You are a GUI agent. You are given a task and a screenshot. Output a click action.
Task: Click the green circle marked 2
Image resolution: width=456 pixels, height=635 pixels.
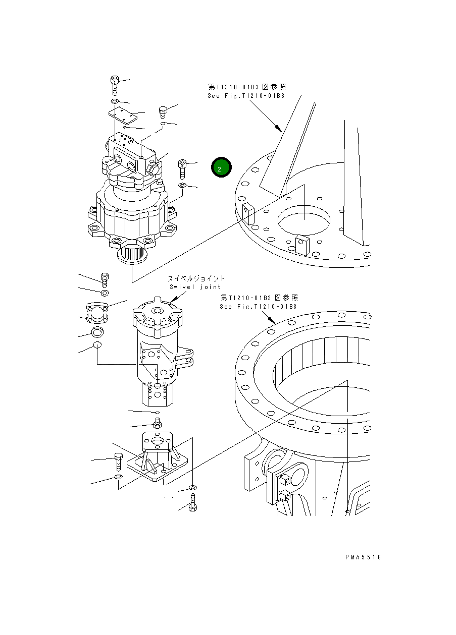point(221,168)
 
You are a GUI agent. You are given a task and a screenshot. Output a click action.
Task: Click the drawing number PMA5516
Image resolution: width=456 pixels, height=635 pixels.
point(363,557)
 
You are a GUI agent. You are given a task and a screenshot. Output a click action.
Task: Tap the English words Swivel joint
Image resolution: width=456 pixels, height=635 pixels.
point(195,287)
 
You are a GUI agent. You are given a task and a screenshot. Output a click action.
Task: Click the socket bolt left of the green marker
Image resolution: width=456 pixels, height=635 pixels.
point(182,167)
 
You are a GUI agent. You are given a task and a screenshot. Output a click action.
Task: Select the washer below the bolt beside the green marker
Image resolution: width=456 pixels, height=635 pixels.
point(182,187)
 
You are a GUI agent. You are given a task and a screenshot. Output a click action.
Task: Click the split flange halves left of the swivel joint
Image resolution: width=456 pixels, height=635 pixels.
point(96,312)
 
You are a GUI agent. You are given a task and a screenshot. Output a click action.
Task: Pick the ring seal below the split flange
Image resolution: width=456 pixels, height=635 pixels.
point(97,332)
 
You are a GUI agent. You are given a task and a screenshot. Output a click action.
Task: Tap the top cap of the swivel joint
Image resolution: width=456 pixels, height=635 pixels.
point(157,315)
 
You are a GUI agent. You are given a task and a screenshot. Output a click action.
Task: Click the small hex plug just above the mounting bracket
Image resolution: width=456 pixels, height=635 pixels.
point(157,423)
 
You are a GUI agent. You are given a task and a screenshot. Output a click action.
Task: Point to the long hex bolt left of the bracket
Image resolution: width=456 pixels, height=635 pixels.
point(118,461)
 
